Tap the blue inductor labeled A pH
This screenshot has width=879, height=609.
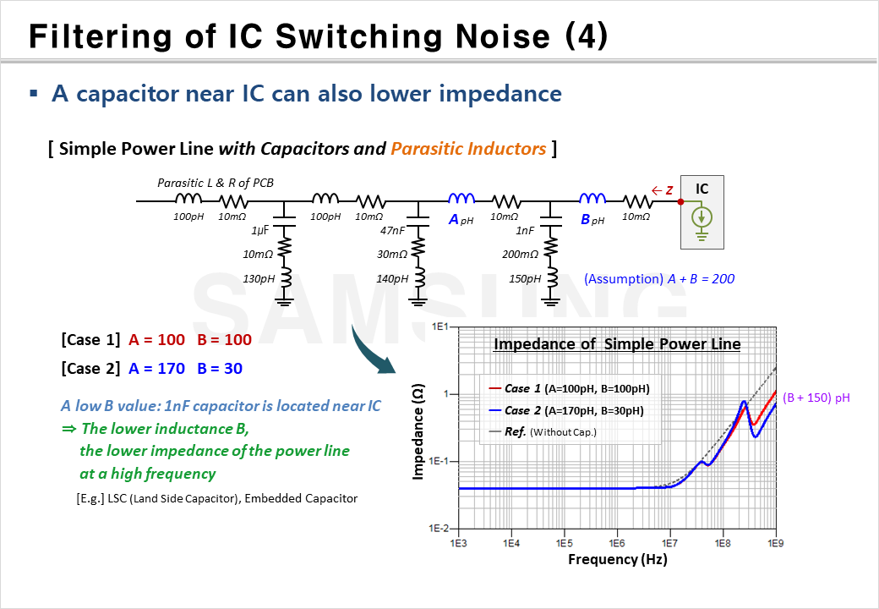tap(461, 200)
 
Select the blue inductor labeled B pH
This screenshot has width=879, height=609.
tap(592, 200)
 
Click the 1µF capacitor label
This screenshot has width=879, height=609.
tap(261, 231)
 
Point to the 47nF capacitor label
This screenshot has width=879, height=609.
tap(392, 231)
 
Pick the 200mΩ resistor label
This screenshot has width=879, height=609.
tap(521, 255)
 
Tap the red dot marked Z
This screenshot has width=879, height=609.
tap(681, 201)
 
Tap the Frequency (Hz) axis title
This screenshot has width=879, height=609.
tap(617, 559)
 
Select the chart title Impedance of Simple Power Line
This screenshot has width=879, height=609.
tap(617, 344)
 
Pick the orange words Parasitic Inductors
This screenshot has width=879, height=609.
tap(468, 149)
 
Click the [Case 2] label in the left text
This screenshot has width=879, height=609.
tap(91, 369)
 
